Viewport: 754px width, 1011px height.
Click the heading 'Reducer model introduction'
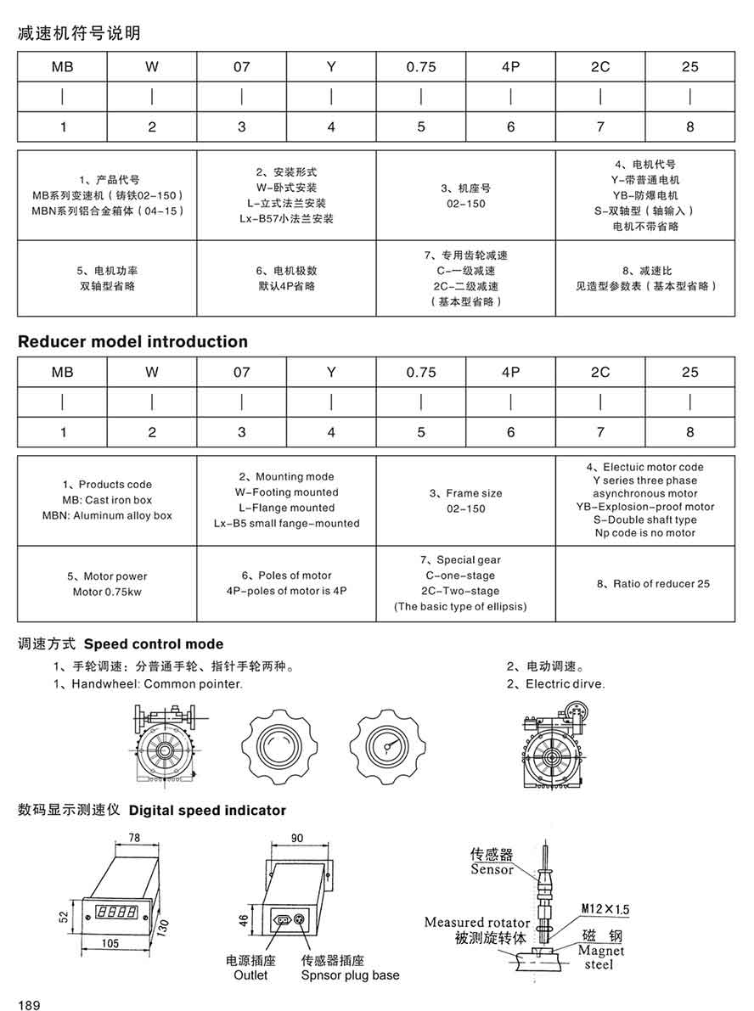132,342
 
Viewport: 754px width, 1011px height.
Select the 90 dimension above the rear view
296,839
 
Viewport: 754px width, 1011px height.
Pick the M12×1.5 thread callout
605,908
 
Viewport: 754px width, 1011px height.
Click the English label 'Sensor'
492,869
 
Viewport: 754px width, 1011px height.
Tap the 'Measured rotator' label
477,922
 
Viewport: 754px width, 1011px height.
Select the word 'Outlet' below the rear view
250,975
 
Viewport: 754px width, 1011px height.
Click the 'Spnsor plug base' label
350,975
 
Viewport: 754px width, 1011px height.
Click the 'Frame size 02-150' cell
465,501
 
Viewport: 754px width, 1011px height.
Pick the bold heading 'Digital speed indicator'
207,811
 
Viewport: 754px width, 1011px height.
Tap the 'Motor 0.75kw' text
108,592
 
